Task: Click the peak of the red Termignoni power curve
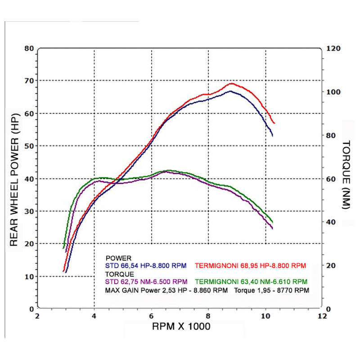point(231,83)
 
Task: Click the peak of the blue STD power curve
point(230,91)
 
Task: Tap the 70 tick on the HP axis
point(30,81)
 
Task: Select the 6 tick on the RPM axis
point(151,316)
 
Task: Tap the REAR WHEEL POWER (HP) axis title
point(14,179)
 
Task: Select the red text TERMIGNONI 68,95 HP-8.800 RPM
point(251,266)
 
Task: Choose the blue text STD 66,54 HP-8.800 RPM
point(146,266)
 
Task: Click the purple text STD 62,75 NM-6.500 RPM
point(146,282)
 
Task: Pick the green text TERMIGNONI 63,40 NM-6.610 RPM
point(252,282)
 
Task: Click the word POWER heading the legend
point(118,258)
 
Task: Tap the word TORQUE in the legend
point(119,274)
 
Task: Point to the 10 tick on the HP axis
point(30,276)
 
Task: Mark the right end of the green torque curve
point(273,222)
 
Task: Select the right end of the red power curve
point(274,123)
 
